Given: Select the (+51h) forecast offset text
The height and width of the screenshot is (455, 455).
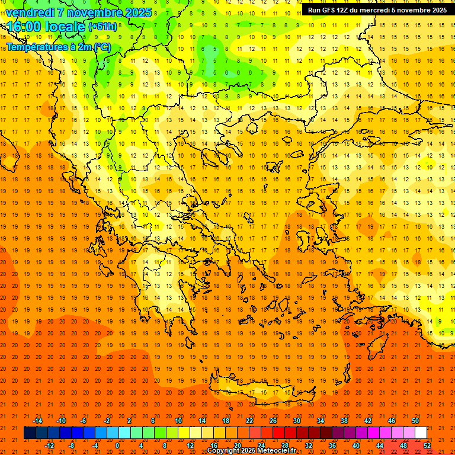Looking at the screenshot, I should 102,27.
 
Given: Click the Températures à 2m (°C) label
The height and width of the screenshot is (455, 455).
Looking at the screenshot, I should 58,47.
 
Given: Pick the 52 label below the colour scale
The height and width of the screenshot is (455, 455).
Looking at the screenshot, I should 428,446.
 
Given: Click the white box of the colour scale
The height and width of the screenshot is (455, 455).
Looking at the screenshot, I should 421,433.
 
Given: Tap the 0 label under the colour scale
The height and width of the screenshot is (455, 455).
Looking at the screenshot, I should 117,446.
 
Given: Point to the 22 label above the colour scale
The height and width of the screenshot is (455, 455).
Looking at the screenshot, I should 249,421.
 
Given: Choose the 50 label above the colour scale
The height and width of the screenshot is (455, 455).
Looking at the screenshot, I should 415,421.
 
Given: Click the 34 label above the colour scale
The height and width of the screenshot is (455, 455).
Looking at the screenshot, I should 321,421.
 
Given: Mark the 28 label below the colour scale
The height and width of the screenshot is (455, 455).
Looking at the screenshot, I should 285,446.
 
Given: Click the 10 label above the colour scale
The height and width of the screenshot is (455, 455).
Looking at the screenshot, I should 178,421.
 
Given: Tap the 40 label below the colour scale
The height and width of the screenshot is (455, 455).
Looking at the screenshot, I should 356,446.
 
